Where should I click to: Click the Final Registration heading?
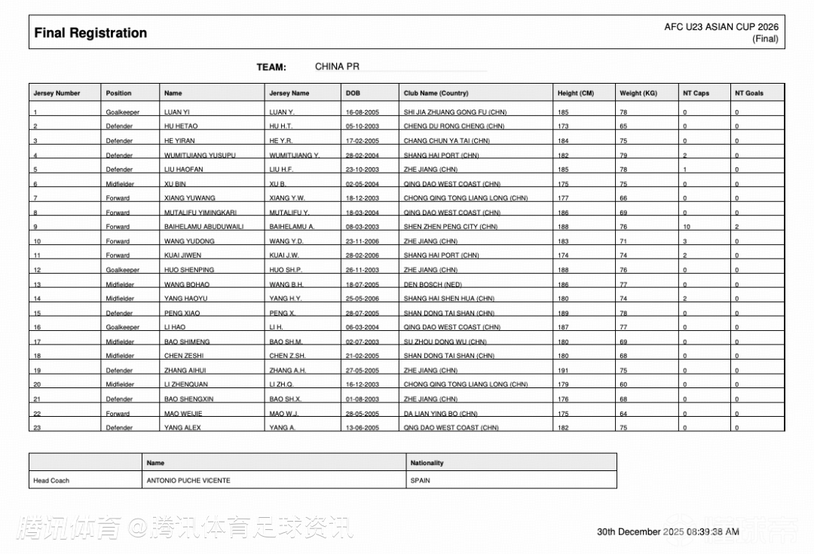click(x=90, y=33)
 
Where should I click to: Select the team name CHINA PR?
click(x=337, y=66)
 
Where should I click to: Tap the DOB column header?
click(x=353, y=93)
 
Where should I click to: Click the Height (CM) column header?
click(x=576, y=93)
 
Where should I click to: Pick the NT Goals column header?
click(x=749, y=93)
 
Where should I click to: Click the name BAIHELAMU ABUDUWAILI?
click(x=203, y=227)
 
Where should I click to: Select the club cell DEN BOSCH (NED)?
click(x=433, y=285)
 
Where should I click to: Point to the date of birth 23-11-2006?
click(x=362, y=241)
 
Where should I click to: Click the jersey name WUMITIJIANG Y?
click(x=294, y=155)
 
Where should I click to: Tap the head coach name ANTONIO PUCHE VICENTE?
click(x=188, y=480)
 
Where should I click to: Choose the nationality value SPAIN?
click(x=421, y=480)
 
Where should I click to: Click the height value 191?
click(x=563, y=371)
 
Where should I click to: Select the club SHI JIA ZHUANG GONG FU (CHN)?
click(x=454, y=112)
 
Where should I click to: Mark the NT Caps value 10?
click(x=687, y=227)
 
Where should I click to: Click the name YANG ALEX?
click(x=184, y=427)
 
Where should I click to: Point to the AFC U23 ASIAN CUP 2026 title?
click(x=721, y=27)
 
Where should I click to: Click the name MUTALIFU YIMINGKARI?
click(x=200, y=213)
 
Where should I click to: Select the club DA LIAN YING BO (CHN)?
click(x=440, y=414)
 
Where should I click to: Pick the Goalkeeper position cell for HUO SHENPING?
click(x=123, y=270)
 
